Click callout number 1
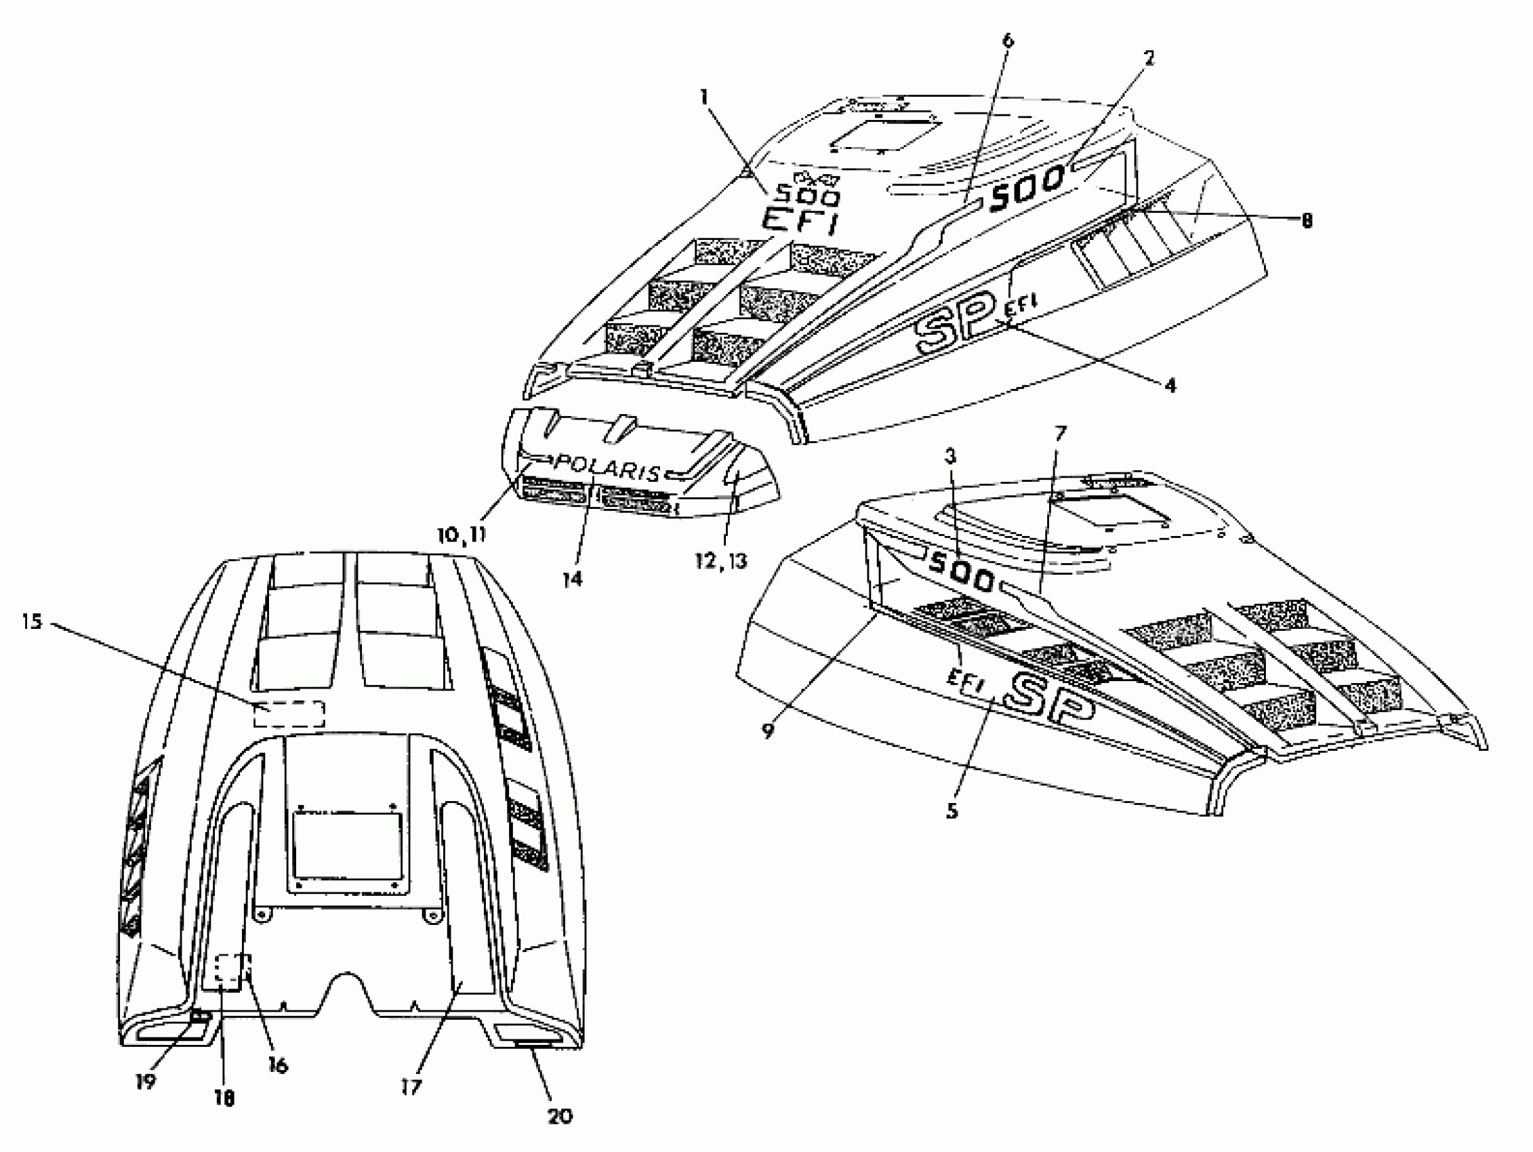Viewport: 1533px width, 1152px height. coord(704,97)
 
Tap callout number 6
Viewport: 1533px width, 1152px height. coord(1008,40)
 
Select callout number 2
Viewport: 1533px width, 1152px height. coord(1149,58)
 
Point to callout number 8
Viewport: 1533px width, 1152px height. coord(1307,220)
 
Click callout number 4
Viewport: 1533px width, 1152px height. coord(1170,386)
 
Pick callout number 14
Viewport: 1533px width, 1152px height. coord(573,578)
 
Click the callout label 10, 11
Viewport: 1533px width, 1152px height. coord(462,535)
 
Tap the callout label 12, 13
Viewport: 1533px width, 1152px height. coord(722,560)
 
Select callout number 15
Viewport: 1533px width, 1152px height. coord(32,622)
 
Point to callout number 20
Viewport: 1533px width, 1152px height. coord(559,1116)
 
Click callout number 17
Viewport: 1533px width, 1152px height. coord(411,1087)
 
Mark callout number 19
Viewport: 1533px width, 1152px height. coord(146,1082)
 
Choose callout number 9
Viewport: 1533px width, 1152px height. coord(768,731)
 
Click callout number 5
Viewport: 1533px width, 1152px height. coord(952,810)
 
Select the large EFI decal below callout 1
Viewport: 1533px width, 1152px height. coord(800,222)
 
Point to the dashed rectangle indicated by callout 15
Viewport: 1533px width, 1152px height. coord(289,714)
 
